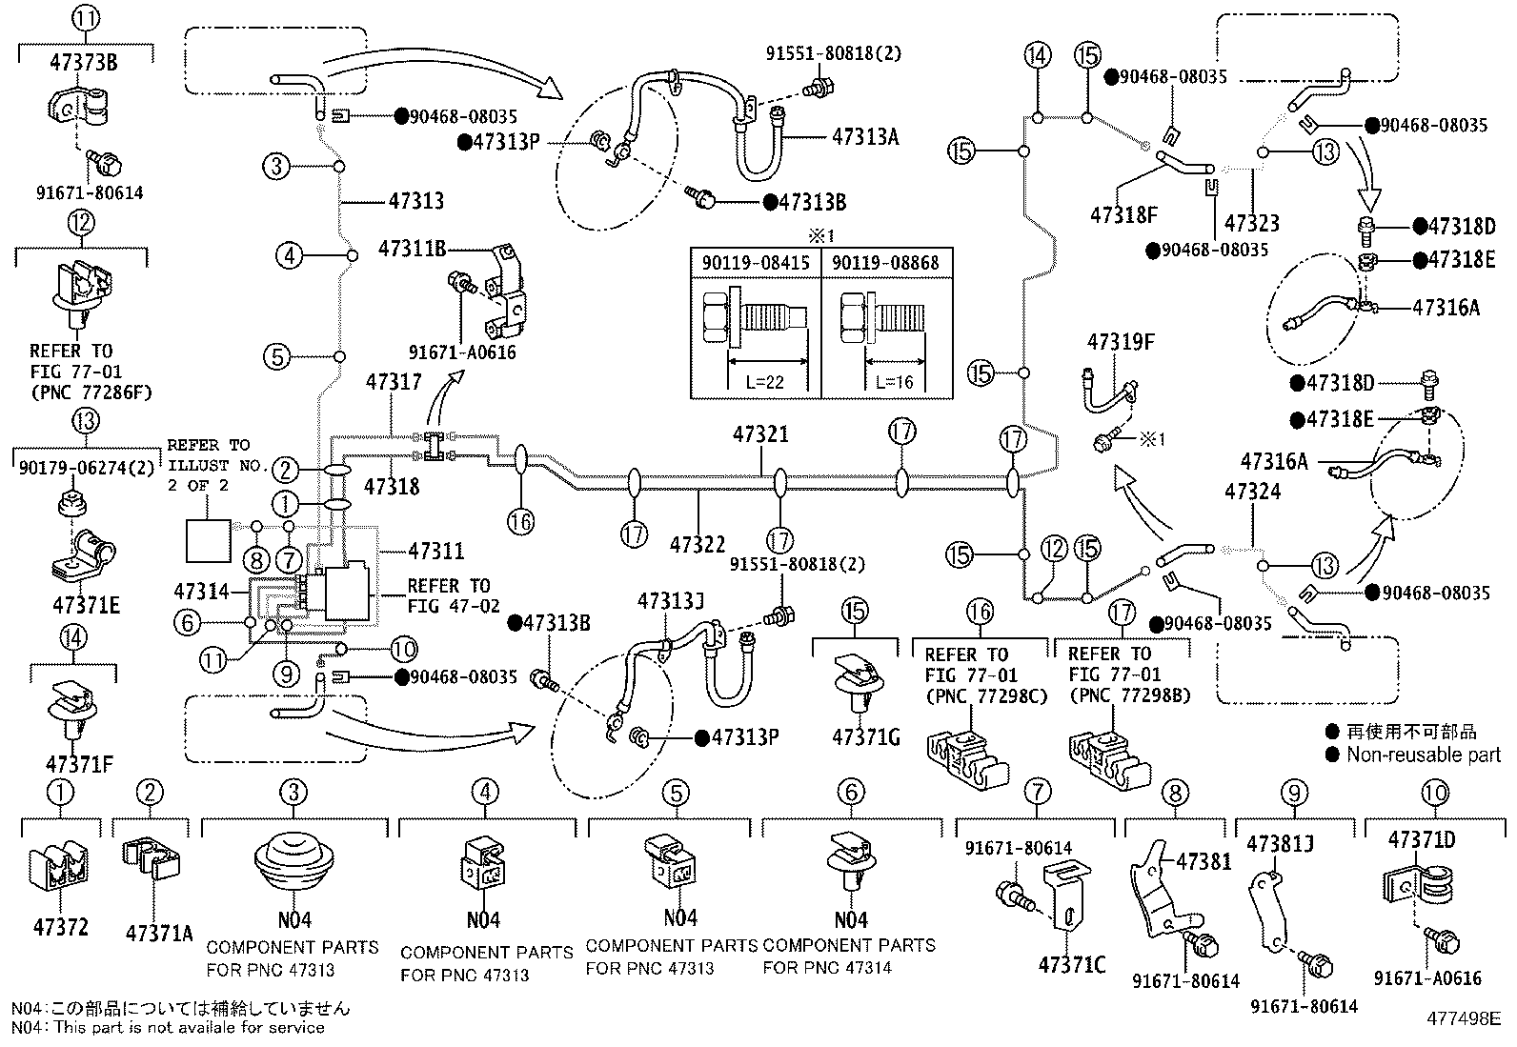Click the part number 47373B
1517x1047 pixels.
[84, 62]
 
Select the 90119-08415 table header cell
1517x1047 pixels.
[756, 263]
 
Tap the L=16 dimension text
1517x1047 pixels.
[894, 382]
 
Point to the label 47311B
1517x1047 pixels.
[412, 249]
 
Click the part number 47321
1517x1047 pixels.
[760, 434]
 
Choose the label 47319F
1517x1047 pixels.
[1121, 342]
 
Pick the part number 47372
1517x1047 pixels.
[61, 926]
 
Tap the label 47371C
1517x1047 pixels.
[1072, 964]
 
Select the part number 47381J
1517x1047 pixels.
[1280, 844]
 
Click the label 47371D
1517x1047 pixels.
[1422, 839]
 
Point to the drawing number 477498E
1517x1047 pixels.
[1464, 1018]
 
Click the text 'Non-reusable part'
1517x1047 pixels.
[1424, 755]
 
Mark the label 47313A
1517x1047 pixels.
[865, 137]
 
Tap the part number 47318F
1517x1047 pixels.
[1123, 214]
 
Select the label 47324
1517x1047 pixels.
[1252, 492]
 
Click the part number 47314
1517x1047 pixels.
[202, 592]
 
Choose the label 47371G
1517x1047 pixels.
[866, 736]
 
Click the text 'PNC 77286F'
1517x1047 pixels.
[91, 393]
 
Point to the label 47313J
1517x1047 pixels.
[671, 601]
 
